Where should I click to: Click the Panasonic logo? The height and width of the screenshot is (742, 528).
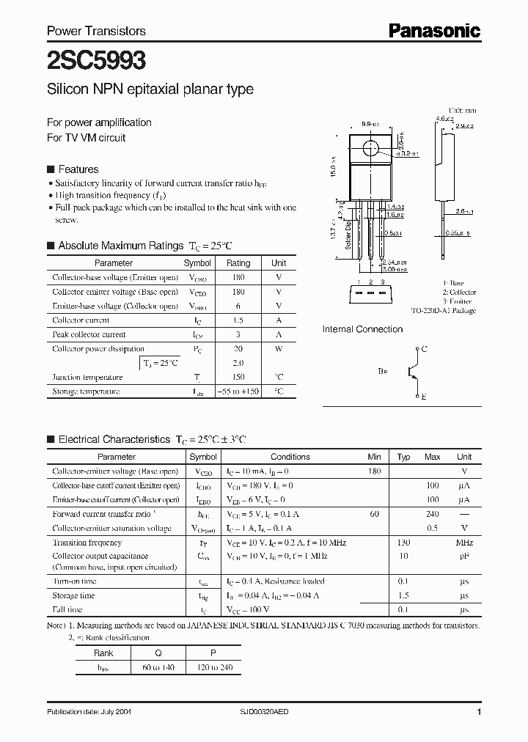click(x=434, y=30)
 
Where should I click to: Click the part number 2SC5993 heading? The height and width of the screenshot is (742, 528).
click(x=87, y=59)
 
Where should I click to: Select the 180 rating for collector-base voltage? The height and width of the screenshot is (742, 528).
click(x=238, y=277)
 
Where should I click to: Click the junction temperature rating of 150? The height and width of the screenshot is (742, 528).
click(x=238, y=377)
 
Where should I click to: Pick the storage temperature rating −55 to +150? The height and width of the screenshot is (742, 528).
click(x=238, y=392)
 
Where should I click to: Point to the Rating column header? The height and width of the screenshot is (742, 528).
click(x=238, y=262)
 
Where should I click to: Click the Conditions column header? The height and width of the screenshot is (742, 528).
click(x=290, y=457)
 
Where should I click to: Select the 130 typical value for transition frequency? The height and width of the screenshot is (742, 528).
click(x=403, y=543)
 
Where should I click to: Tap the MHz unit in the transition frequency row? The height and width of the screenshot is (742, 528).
click(x=463, y=543)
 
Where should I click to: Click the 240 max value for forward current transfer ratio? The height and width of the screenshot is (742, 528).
click(x=432, y=515)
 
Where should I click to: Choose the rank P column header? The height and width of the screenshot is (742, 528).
click(x=213, y=653)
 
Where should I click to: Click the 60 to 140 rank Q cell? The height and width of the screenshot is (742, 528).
click(x=158, y=667)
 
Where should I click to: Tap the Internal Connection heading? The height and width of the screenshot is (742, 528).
click(x=362, y=330)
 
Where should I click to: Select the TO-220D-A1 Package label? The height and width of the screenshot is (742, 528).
click(x=443, y=311)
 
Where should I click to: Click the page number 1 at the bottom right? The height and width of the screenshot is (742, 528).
click(x=479, y=712)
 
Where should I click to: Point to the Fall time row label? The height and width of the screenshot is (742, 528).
click(x=67, y=609)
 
